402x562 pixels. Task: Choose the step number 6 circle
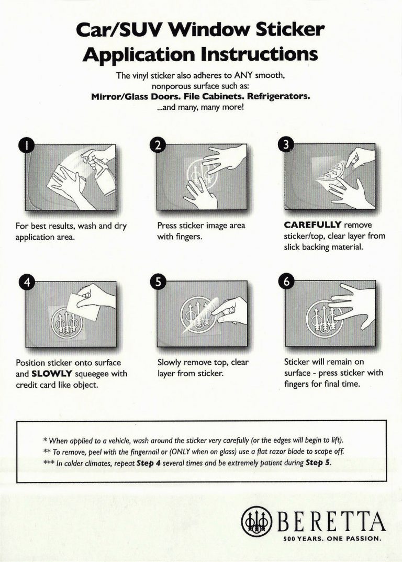click(285, 283)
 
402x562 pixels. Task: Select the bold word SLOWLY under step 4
click(49, 374)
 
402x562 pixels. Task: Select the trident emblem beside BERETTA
click(255, 522)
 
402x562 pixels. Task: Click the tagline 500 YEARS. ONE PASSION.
click(331, 538)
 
